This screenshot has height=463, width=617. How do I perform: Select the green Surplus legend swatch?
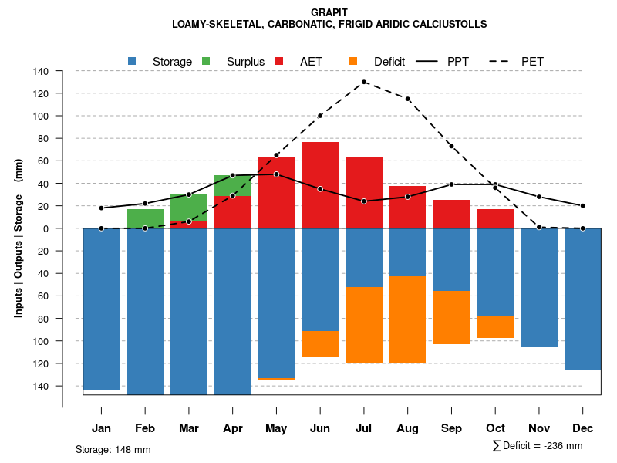point(206,61)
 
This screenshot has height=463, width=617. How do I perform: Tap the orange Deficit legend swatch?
point(353,61)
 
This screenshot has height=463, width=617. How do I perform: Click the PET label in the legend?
point(533,61)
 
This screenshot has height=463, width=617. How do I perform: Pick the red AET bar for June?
point(320,185)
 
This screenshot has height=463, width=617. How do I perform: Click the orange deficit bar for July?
point(364,324)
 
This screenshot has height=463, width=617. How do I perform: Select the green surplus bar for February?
point(145,218)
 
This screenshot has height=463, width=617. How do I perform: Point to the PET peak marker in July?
point(364,82)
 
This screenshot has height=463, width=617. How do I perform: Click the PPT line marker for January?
point(101,208)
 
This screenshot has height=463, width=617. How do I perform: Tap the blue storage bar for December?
point(582,299)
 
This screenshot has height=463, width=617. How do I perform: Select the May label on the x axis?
point(276,428)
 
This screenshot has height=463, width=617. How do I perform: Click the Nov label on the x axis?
point(539,428)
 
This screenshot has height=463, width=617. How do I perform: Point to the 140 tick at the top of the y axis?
point(41,72)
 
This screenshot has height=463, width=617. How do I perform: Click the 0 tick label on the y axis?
point(46,228)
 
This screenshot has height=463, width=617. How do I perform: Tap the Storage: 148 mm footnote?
point(113,449)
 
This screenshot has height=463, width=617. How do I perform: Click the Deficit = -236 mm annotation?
point(538,446)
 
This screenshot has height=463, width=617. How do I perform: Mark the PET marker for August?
point(407,99)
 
